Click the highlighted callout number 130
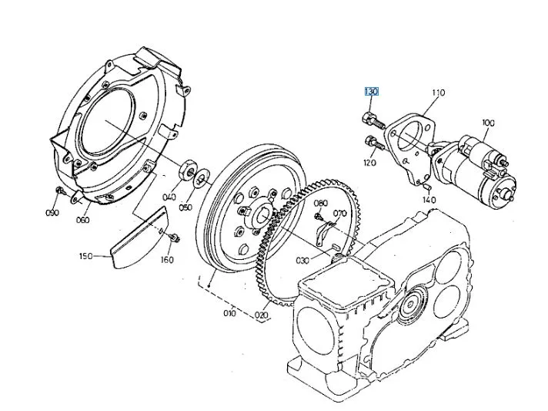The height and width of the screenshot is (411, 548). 371,92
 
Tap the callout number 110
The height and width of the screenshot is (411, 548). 438,93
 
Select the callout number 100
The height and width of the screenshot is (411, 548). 488,123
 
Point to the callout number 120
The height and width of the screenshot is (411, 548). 369,163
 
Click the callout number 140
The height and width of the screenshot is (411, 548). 429,200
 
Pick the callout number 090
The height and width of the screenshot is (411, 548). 52,213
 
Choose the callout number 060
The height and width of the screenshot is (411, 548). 83,220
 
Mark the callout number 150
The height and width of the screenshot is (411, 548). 86,256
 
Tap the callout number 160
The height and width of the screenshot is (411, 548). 167,260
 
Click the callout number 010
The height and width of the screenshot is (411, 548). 229,312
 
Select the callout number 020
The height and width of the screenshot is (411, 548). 262,315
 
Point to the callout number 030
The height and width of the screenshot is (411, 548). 302,261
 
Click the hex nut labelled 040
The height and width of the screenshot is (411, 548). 189,170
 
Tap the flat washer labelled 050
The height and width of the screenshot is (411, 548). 202,179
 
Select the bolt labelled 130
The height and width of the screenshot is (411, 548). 373,120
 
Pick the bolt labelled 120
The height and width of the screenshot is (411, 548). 374,143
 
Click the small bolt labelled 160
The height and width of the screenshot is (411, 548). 175,238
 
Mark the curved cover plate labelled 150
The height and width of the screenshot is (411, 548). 140,238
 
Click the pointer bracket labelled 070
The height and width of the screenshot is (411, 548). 325,232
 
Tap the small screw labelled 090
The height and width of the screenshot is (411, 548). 60,190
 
